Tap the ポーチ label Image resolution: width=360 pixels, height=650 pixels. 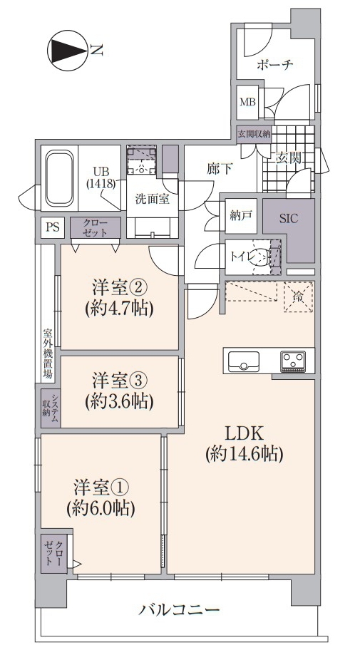(x=275, y=65)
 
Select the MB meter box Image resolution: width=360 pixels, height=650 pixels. (x=248, y=102)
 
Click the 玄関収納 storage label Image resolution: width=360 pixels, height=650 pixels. (x=254, y=134)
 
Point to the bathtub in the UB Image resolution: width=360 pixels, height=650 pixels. (x=60, y=178)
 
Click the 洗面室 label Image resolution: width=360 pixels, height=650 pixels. (x=153, y=199)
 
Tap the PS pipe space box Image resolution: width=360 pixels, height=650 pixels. (x=53, y=227)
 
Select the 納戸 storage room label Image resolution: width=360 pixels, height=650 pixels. (x=241, y=216)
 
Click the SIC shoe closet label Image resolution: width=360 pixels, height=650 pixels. (x=289, y=219)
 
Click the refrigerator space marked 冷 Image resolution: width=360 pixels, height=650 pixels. (x=298, y=296)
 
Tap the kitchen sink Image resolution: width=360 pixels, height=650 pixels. (x=244, y=361)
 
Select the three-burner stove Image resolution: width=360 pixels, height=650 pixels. (x=293, y=361)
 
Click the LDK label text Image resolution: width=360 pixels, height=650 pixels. (x=245, y=433)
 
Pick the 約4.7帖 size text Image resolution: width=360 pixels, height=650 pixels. (x=120, y=308)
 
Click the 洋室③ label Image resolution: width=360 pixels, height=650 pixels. (x=120, y=380)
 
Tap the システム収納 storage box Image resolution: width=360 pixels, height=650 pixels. (x=51, y=408)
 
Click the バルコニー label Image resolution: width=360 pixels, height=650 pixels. (x=179, y=609)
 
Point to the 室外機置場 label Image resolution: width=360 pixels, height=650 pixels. (x=48, y=354)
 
